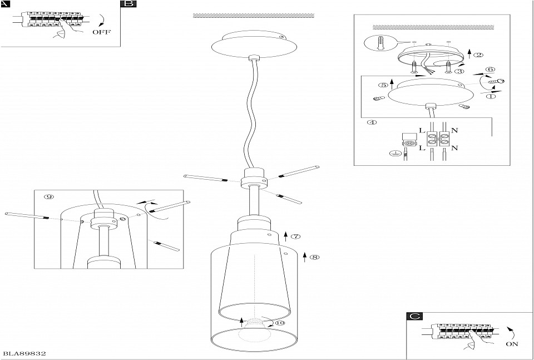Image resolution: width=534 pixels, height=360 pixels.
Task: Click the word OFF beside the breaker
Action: (x=101, y=32)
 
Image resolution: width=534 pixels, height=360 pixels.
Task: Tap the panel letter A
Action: (x=5, y=3)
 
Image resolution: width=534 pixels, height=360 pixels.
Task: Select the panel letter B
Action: (x=127, y=4)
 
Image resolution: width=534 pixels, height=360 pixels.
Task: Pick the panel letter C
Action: (x=414, y=317)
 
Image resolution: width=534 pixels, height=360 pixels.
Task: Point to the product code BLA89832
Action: (x=24, y=353)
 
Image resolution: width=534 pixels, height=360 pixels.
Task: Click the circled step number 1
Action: (x=491, y=96)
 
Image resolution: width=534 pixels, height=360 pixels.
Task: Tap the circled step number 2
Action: (x=478, y=55)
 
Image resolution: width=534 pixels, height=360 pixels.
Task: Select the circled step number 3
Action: (x=461, y=72)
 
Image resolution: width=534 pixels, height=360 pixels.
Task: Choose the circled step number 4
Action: (x=373, y=122)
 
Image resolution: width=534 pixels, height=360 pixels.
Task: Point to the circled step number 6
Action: (x=490, y=70)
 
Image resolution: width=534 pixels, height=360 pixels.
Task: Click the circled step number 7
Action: (x=296, y=236)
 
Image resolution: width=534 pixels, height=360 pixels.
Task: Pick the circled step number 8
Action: (x=314, y=257)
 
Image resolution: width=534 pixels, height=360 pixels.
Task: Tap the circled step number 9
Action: (x=49, y=197)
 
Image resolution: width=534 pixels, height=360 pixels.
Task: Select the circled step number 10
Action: (x=279, y=323)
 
